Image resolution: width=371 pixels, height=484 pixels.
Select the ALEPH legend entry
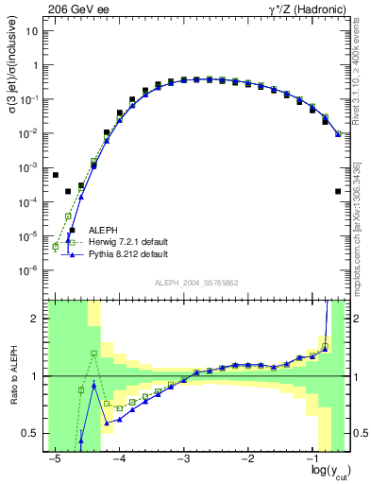[x=104, y=230]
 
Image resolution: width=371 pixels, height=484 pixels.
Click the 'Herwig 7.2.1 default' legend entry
[x=128, y=242]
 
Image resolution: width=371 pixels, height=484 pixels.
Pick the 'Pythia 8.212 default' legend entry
[x=128, y=254]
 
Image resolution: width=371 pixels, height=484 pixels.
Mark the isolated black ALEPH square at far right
[x=338, y=192]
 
